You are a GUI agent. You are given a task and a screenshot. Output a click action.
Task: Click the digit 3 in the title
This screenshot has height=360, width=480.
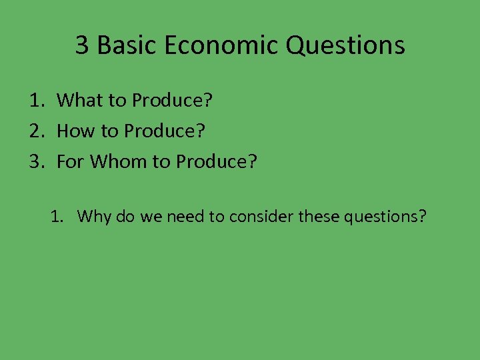(82, 45)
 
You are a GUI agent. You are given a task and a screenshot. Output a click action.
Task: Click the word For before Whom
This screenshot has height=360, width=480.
(71, 161)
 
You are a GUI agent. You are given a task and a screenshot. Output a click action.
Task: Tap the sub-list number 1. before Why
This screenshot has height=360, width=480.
(57, 217)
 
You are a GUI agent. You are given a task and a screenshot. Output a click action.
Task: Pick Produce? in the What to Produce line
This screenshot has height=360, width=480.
(172, 101)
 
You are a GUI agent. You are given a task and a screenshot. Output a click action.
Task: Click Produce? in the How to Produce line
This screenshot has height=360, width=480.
(165, 131)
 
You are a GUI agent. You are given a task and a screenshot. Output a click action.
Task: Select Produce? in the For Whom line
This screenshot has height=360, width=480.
(216, 161)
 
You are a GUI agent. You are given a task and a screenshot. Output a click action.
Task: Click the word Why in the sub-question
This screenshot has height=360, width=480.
(93, 217)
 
